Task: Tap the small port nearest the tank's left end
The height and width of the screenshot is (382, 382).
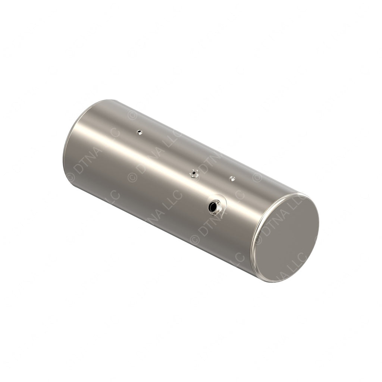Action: (x=139, y=132)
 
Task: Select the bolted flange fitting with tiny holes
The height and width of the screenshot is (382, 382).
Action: (x=194, y=173)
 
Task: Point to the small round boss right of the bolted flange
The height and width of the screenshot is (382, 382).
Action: (x=232, y=178)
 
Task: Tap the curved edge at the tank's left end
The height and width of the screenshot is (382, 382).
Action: (x=67, y=149)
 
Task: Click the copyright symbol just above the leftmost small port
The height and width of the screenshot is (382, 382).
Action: (x=132, y=115)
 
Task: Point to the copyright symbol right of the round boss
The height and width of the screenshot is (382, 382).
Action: (x=257, y=177)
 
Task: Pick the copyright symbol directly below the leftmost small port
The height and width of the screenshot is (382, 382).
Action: (x=132, y=177)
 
